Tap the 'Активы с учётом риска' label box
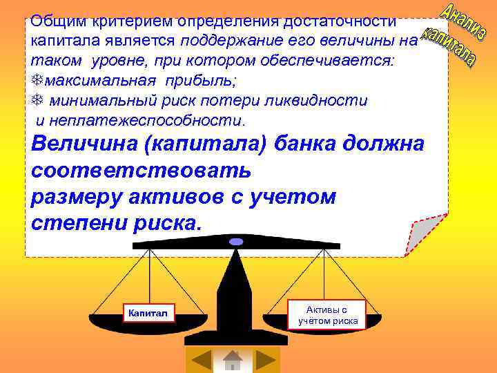pyautogui.click(x=328, y=315)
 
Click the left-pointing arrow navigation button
pyautogui.click(x=201, y=360)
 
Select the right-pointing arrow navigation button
pyautogui.click(x=265, y=360)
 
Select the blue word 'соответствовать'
pyautogui.click(x=142, y=171)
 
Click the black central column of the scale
pyautogui.click(x=235, y=290)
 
